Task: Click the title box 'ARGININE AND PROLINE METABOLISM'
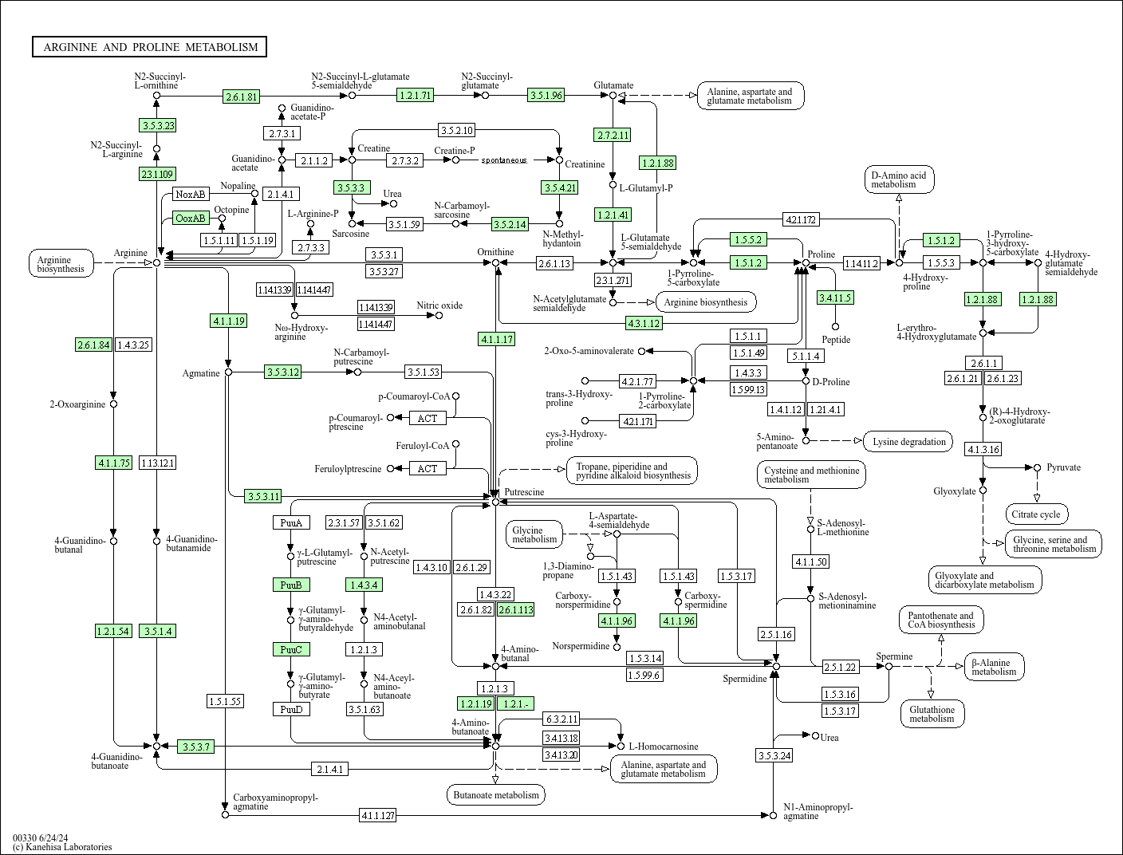[150, 47]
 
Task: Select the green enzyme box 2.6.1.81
[242, 97]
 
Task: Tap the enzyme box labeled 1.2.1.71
[415, 95]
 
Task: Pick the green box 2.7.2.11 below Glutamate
[612, 135]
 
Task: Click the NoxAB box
[191, 194]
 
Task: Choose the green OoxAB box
[191, 218]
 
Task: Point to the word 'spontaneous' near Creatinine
[503, 160]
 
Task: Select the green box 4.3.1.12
[644, 323]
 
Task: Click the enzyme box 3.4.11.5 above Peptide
[835, 297]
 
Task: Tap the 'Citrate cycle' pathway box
[1036, 514]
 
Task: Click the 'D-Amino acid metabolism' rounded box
[898, 179]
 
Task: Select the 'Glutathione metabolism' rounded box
[932, 714]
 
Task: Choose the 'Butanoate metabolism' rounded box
[496, 794]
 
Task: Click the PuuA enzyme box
[290, 522]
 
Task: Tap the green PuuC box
[290, 649]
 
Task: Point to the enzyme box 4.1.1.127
[377, 815]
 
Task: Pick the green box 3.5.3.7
[195, 747]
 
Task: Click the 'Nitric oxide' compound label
[439, 305]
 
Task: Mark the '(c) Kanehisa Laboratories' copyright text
[62, 847]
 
